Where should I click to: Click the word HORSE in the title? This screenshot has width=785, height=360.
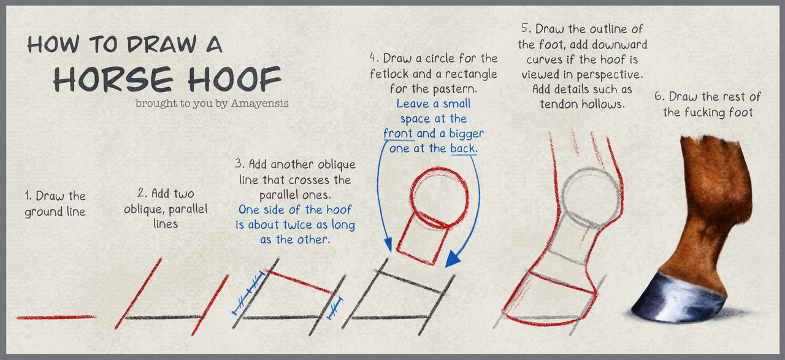(x=113, y=79)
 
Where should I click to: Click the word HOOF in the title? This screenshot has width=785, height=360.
(x=235, y=79)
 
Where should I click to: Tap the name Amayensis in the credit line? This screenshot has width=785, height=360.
(x=259, y=104)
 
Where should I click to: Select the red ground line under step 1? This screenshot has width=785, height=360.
(x=56, y=317)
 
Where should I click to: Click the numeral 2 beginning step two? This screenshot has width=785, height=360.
(x=141, y=193)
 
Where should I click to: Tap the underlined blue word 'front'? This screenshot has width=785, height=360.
(x=397, y=134)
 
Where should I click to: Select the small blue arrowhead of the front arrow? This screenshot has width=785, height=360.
(x=388, y=244)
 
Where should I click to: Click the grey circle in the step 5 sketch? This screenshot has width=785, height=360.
(x=590, y=169)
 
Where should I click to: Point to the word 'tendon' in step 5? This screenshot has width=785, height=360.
(x=559, y=104)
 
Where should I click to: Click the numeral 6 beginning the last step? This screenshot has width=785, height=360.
(x=658, y=96)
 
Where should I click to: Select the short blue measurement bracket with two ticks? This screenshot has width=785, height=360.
(x=335, y=308)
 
